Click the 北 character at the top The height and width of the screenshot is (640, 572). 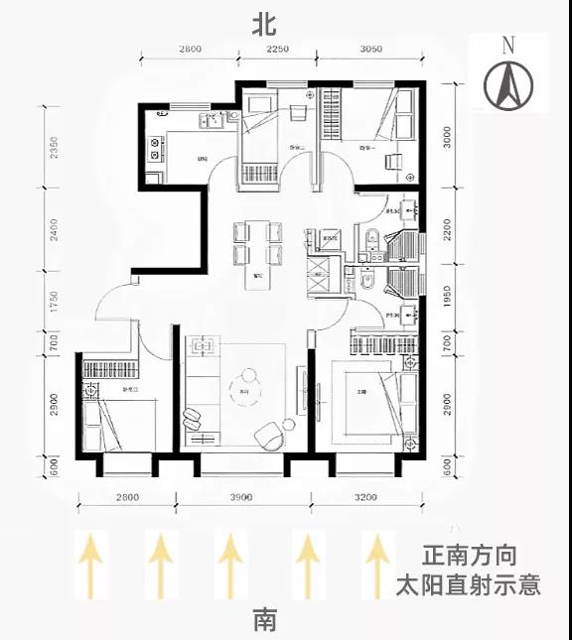[x=264, y=24]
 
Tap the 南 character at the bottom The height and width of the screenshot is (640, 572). [x=264, y=621]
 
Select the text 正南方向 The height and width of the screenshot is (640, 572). [x=469, y=556]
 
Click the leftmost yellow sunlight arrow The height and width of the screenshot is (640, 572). [x=91, y=565]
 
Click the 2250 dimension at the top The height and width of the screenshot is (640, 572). [x=277, y=49]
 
